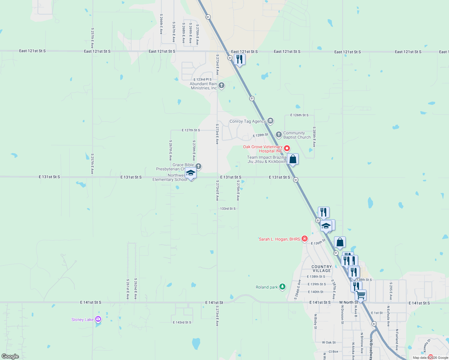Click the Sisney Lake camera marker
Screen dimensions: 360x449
point(98,319)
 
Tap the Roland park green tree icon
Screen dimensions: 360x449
point(282,287)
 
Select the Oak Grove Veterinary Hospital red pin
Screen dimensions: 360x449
point(287,148)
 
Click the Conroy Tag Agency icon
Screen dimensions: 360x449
point(270,121)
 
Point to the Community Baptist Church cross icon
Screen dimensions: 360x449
point(279,134)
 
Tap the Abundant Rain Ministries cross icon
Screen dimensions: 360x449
point(221,85)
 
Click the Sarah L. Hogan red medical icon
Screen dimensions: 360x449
point(305,239)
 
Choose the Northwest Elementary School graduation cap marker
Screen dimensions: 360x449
point(191,173)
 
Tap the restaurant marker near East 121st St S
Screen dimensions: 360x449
point(240,59)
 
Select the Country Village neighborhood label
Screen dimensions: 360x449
point(321,268)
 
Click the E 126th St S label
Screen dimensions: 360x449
point(299,115)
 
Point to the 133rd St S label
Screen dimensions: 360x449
point(228,208)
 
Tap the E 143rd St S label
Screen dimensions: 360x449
point(182,322)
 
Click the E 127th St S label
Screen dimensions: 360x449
point(191,130)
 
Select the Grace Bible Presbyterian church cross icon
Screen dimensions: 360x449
point(198,166)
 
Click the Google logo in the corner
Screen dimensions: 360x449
point(10,356)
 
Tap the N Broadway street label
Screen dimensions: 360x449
point(371,349)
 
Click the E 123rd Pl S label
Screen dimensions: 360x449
point(202,79)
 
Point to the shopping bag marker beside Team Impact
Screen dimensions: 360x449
point(293,159)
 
